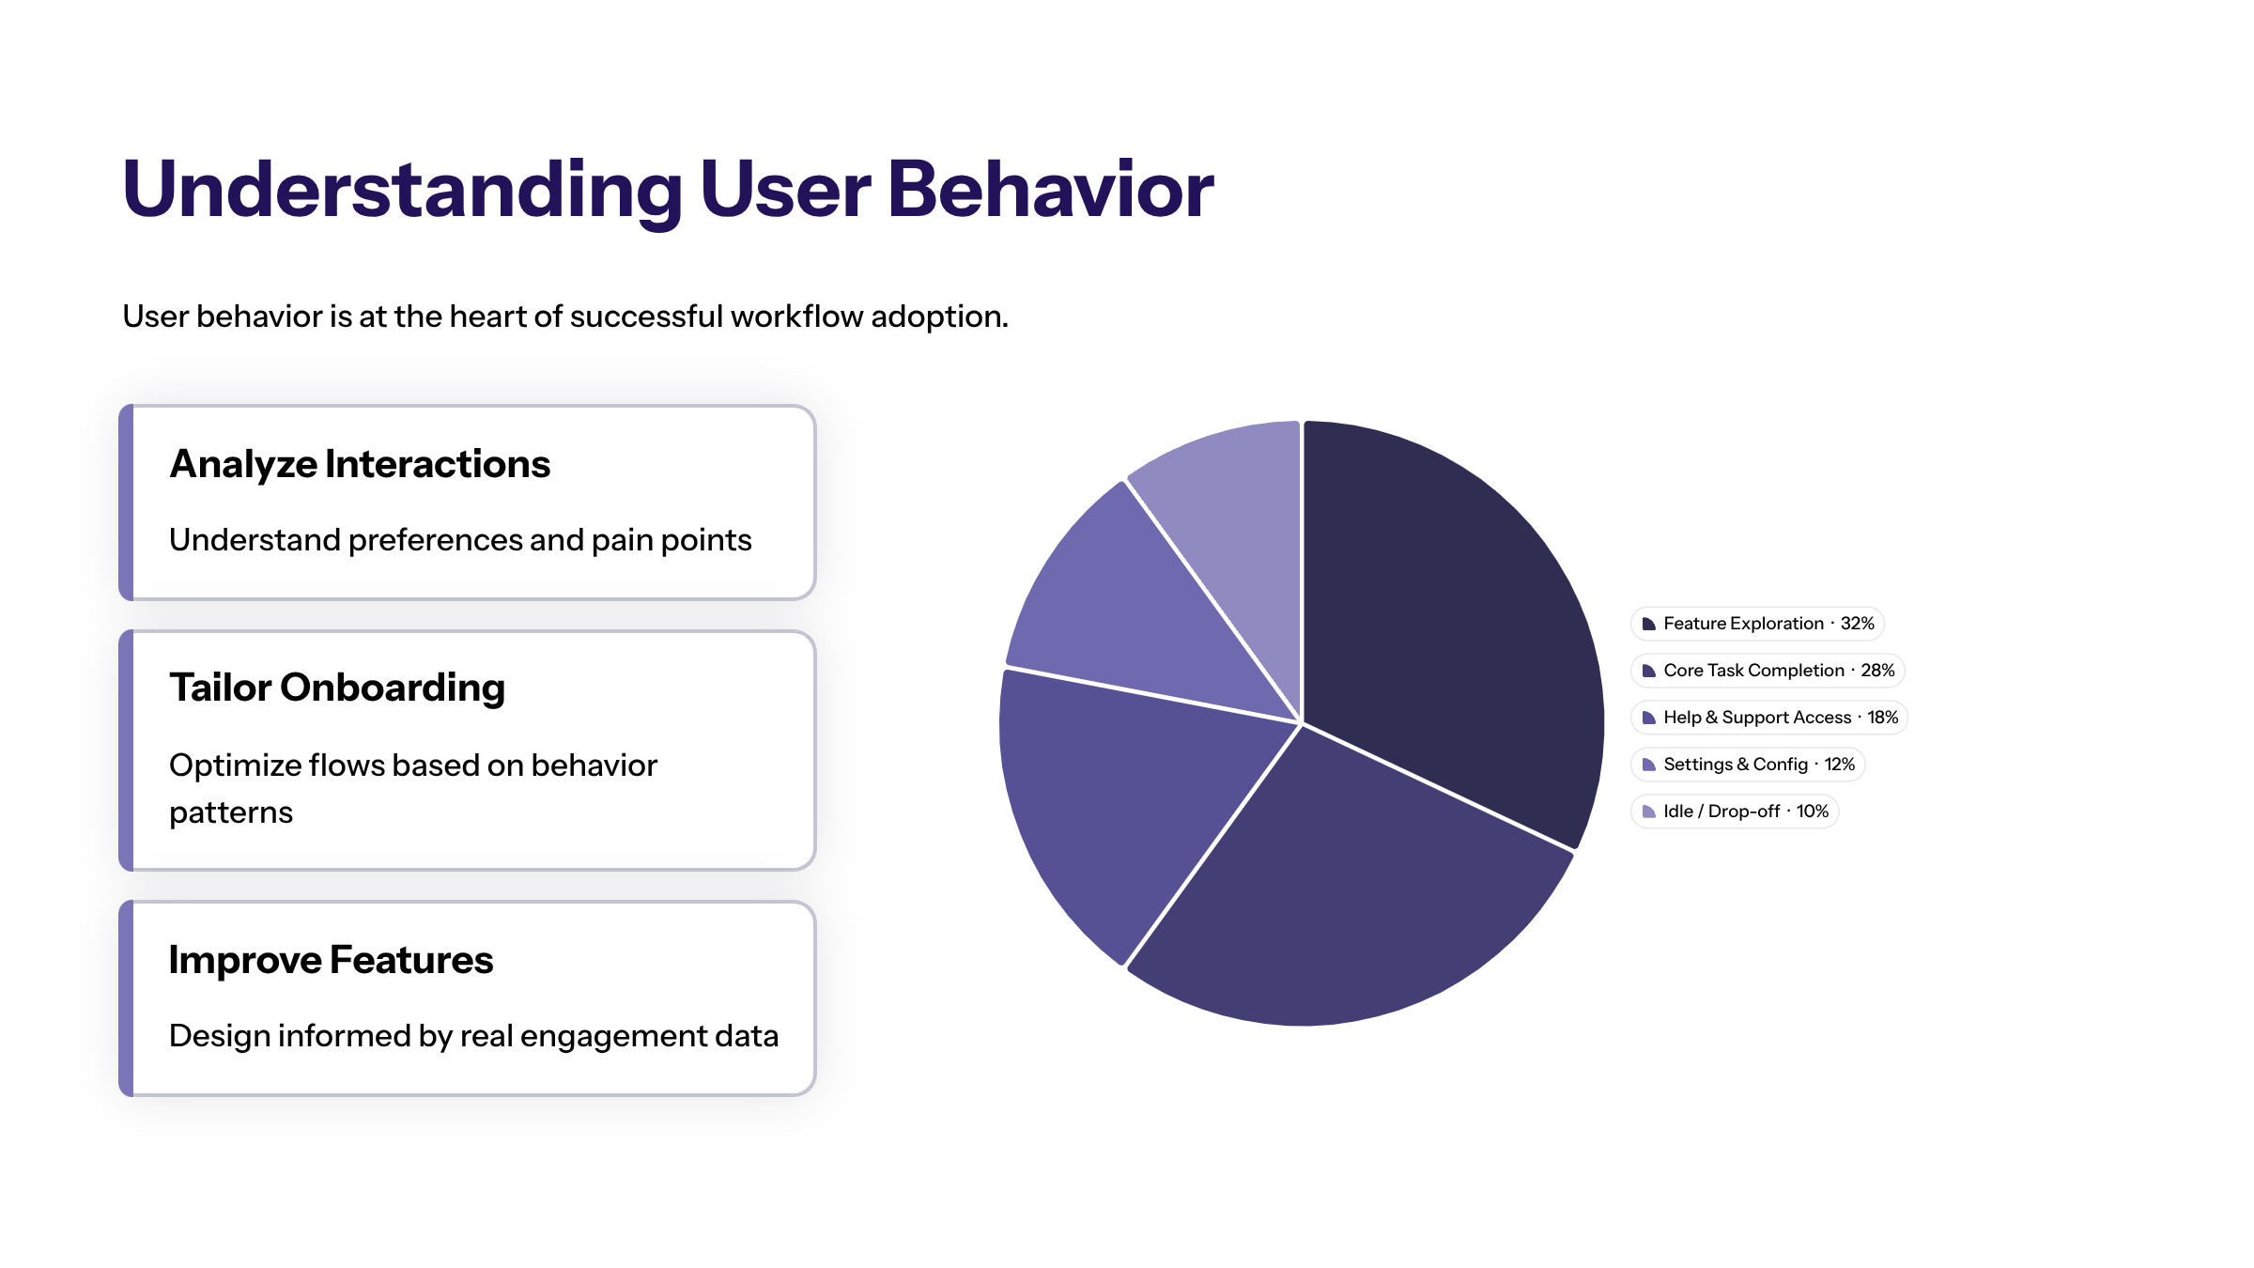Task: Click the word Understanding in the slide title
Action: (402, 190)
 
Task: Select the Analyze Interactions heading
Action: (360, 464)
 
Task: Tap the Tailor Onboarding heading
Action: (337, 688)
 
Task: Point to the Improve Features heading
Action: (331, 960)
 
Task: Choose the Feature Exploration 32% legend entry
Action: (1757, 624)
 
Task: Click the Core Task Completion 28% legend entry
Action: (1768, 671)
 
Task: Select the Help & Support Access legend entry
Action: (1769, 718)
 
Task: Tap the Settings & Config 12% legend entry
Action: (1747, 765)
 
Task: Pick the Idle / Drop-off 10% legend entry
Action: (1734, 812)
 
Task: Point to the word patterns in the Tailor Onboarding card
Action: (231, 812)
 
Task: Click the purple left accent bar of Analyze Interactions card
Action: (126, 503)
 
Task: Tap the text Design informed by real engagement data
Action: (473, 1036)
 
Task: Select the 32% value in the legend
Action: (1857, 624)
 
